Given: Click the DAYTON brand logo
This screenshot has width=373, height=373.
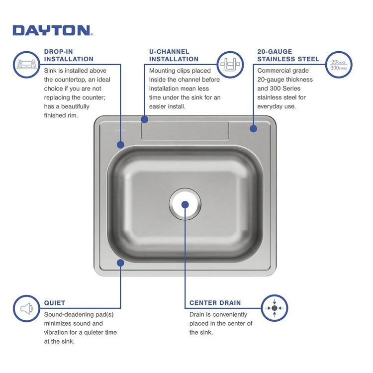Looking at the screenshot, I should tap(52, 30).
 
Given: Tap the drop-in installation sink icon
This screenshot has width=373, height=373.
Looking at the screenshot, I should tap(26, 65).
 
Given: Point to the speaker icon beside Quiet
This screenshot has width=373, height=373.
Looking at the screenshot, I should tap(26, 308).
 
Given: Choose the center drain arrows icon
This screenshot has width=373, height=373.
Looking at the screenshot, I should tap(274, 308).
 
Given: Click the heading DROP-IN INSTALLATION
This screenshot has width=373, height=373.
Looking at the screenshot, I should tap(69, 55).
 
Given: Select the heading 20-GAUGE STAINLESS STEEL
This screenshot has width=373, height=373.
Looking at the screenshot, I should tap(288, 55).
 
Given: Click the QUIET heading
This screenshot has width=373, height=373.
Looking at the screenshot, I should tap(54, 302).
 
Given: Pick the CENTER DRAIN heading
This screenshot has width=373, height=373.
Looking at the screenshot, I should tap(215, 302).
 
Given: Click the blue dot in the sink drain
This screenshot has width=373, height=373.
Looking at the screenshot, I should tap(185, 204).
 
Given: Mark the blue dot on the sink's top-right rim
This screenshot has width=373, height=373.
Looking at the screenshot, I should tap(253, 128).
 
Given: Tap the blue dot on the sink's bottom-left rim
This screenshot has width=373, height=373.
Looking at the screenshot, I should tap(120, 262).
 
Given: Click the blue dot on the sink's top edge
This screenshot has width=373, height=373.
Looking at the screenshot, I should tap(144, 119).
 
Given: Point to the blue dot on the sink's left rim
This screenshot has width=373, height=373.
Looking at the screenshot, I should tap(120, 145).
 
